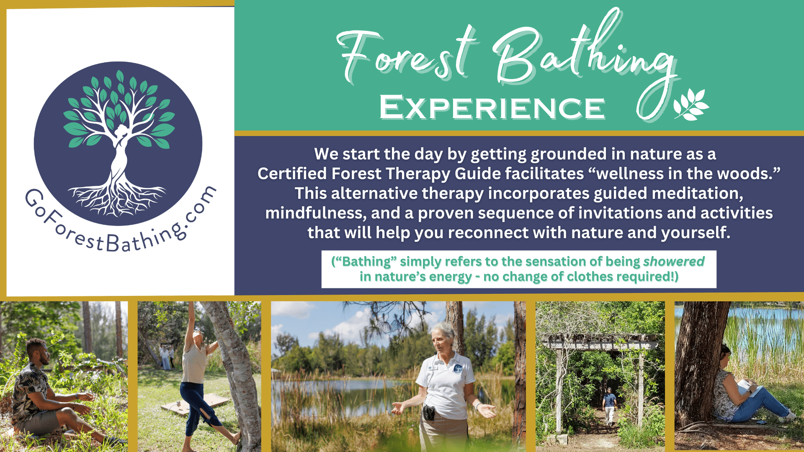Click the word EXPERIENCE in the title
492,108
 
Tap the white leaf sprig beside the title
691,104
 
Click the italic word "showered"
674,262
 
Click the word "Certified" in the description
292,174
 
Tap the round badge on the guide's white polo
458,369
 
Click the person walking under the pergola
609,406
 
